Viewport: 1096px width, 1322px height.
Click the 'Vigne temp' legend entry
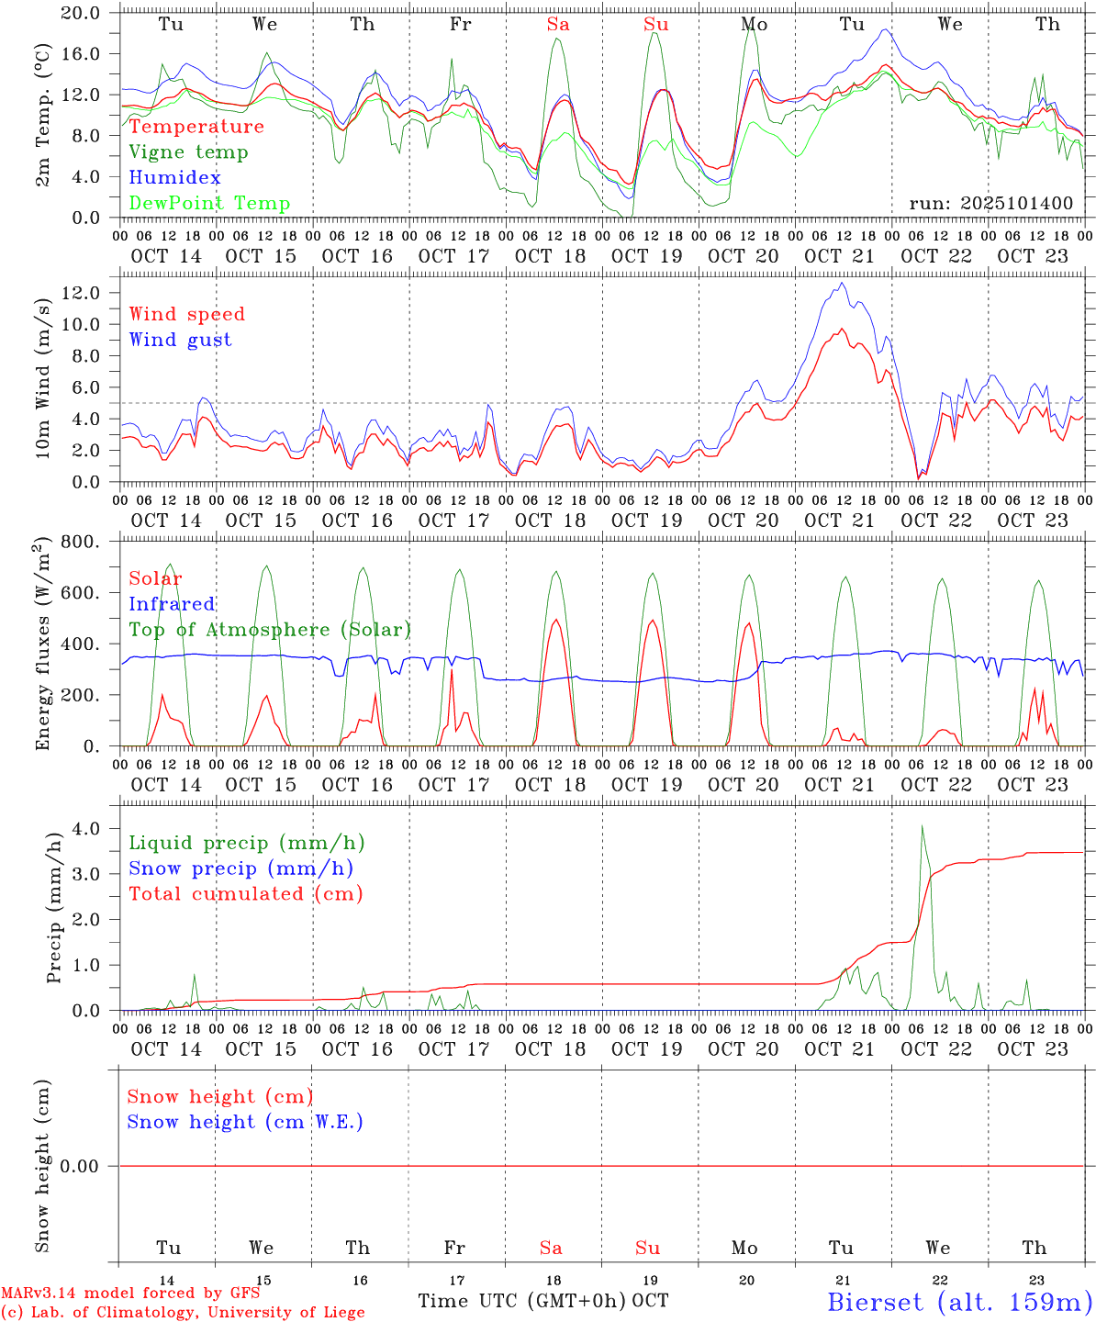click(188, 152)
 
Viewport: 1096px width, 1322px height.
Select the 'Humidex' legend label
click(174, 178)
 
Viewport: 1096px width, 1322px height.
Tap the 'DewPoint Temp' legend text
click(209, 204)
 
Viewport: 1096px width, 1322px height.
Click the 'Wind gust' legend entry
click(180, 340)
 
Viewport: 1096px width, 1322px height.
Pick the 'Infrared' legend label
click(172, 604)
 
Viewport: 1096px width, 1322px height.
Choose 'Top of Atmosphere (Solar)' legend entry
click(270, 630)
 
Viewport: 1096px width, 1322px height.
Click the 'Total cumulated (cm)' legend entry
click(245, 894)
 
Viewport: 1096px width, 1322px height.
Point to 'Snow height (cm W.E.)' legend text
click(245, 1122)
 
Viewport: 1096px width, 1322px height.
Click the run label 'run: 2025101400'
click(991, 204)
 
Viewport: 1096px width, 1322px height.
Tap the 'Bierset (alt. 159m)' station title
click(959, 1302)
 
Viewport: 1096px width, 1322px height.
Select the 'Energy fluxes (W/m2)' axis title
click(42, 645)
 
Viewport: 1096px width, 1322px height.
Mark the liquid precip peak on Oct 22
click(922, 825)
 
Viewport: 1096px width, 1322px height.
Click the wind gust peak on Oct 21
click(843, 283)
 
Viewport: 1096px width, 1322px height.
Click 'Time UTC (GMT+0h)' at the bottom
click(521, 1301)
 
